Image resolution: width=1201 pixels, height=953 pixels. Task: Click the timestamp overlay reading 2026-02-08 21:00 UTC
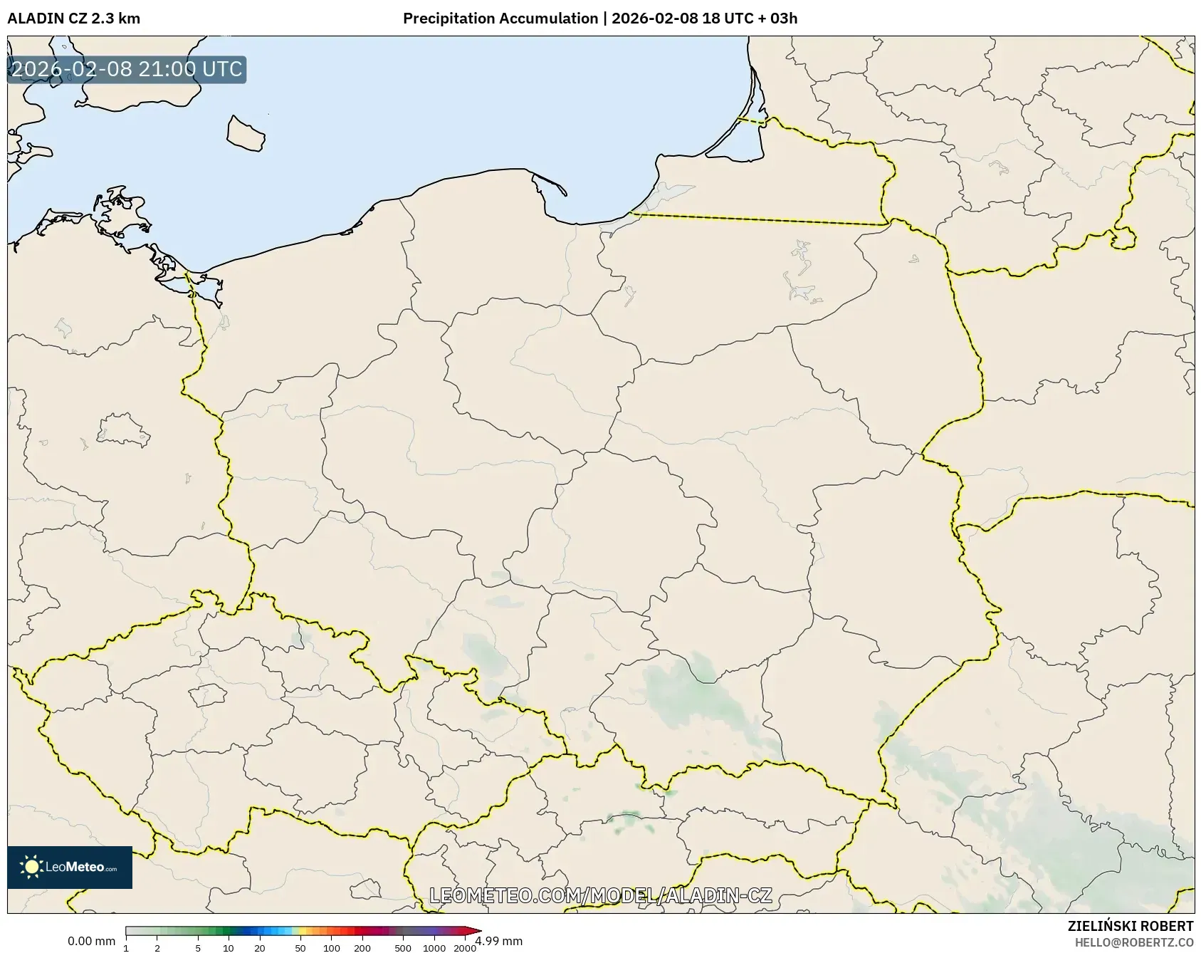pos(127,69)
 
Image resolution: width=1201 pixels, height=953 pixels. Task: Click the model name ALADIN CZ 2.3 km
pos(73,19)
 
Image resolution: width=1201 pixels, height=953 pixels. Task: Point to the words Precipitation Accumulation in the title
pos(500,19)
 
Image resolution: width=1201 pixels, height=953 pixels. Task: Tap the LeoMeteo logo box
pos(70,867)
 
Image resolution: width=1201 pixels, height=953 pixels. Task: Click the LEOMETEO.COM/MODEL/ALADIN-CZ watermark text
pos(600,895)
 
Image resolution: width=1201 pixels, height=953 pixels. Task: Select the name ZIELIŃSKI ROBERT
pos(1130,926)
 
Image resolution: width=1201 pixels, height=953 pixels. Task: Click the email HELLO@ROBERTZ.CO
pos(1133,942)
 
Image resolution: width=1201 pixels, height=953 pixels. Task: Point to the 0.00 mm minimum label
pos(91,942)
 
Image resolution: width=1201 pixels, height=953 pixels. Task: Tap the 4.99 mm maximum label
pos(500,942)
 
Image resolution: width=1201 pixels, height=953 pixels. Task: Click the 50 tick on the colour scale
pos(300,948)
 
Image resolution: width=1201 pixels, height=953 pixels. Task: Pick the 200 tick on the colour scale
pos(362,948)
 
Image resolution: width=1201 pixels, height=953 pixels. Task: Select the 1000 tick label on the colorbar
pos(434,948)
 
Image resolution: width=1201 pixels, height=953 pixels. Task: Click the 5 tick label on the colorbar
pos(198,948)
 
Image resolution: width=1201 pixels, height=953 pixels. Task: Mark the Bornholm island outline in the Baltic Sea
pos(246,134)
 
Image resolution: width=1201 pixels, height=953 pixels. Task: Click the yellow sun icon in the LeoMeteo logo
pos(31,867)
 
